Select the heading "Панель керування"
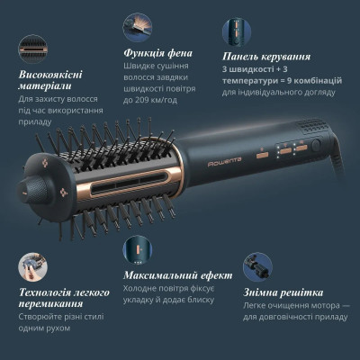pyautogui.click(x=261, y=55)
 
